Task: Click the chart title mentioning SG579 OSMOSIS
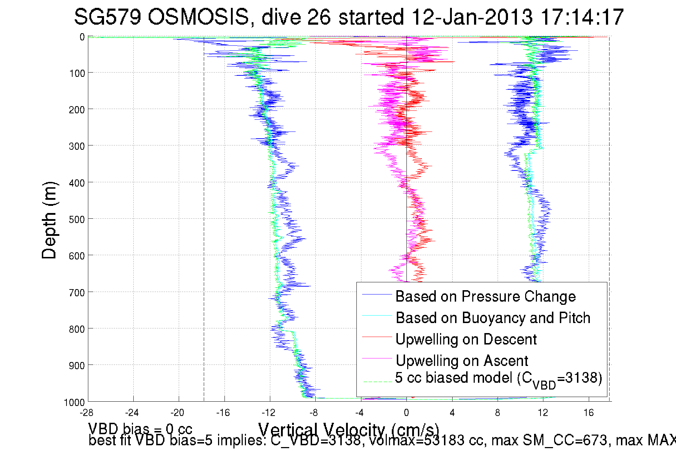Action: coord(349,17)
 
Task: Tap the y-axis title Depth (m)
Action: coord(49,220)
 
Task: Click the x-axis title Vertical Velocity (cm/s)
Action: coord(349,430)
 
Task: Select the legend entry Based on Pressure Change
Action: coord(485,297)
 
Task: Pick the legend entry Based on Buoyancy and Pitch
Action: coord(493,318)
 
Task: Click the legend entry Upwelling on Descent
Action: coord(466,340)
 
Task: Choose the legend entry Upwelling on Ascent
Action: coord(462,361)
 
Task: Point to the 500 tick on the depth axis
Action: coord(77,219)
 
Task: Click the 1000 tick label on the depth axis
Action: coord(75,402)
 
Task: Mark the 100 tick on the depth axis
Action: coord(77,74)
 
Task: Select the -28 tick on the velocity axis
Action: coord(87,413)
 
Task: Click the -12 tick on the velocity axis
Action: coord(268,413)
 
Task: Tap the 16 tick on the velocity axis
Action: coord(588,413)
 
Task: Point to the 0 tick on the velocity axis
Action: coord(406,413)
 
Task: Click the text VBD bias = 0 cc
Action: coord(140,428)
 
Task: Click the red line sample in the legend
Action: coord(377,337)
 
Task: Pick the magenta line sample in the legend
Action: coord(377,358)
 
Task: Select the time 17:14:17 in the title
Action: coord(582,17)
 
